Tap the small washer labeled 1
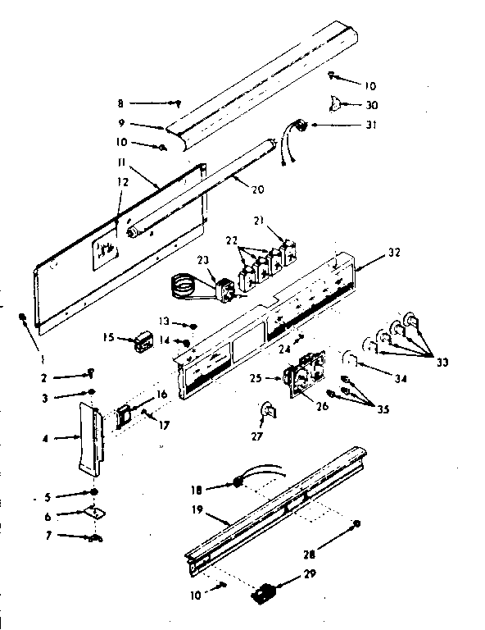click(x=25, y=318)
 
